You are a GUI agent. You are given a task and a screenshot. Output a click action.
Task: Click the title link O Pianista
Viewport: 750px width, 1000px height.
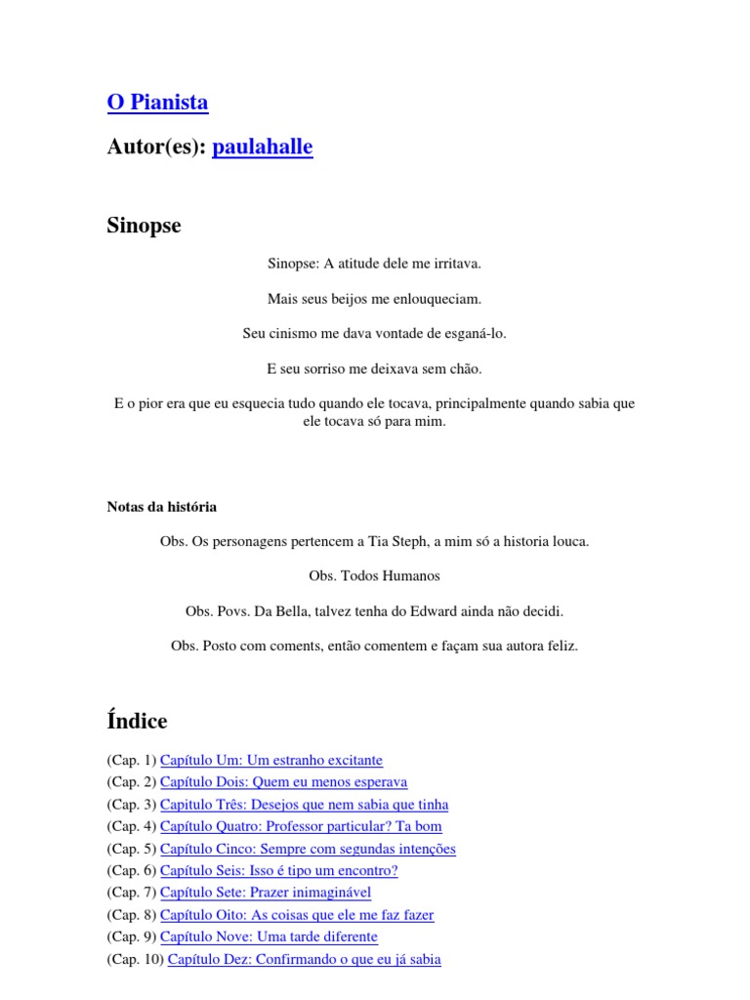pyautogui.click(x=157, y=103)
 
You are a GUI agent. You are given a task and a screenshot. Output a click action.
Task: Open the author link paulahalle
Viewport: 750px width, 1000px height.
pyautogui.click(x=262, y=147)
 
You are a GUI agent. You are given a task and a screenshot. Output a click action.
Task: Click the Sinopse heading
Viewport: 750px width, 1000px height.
pyautogui.click(x=144, y=227)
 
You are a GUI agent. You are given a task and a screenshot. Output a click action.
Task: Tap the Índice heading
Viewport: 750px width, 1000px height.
pyautogui.click(x=137, y=722)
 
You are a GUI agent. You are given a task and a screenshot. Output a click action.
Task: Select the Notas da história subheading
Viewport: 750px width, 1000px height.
pyautogui.click(x=161, y=507)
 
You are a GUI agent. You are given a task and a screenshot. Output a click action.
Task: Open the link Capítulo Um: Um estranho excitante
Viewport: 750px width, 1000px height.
pyautogui.click(x=271, y=760)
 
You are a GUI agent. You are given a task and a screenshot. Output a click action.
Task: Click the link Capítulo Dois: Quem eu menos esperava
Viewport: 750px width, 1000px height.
pyautogui.click(x=283, y=782)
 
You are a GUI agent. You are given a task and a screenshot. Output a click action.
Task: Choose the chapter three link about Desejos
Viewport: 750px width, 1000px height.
pyautogui.click(x=304, y=805)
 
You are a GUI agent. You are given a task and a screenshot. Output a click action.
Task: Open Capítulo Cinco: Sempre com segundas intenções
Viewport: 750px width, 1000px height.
pyautogui.click(x=308, y=849)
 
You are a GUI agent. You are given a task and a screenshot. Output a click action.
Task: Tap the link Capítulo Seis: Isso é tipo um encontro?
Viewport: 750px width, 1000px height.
pyautogui.click(x=278, y=871)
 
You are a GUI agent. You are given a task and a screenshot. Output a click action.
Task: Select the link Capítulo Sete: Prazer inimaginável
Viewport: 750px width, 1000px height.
pyautogui.click(x=265, y=893)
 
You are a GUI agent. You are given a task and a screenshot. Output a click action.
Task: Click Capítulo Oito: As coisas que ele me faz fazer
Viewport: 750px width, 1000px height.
pyautogui.click(x=297, y=915)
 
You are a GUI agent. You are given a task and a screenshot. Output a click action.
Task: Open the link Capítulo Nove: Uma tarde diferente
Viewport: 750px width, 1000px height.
pyautogui.click(x=269, y=937)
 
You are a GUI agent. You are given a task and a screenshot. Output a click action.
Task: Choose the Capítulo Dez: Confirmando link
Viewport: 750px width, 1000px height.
pyautogui.click(x=304, y=960)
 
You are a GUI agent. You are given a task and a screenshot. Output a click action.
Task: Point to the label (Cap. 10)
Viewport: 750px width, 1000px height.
pyautogui.click(x=135, y=960)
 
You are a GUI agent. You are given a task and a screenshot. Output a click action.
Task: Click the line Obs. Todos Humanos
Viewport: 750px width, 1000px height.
pyautogui.click(x=374, y=576)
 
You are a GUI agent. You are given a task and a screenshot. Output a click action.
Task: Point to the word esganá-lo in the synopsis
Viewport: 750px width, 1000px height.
pyautogui.click(x=475, y=334)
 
